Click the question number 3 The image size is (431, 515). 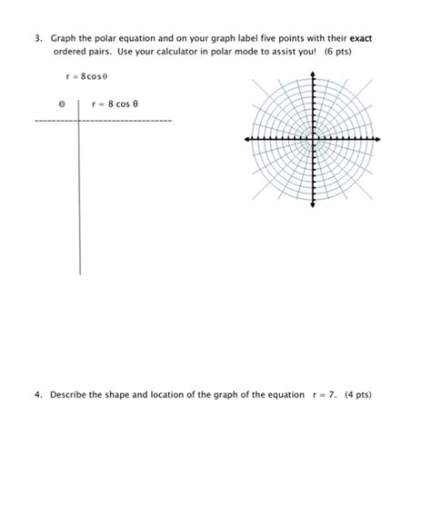[x=37, y=39]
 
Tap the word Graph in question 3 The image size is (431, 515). [x=65, y=39]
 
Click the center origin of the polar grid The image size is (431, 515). [x=314, y=140]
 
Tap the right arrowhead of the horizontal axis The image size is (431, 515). [x=382, y=140]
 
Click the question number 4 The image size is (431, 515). [x=37, y=395]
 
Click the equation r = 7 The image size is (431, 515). [x=322, y=395]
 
